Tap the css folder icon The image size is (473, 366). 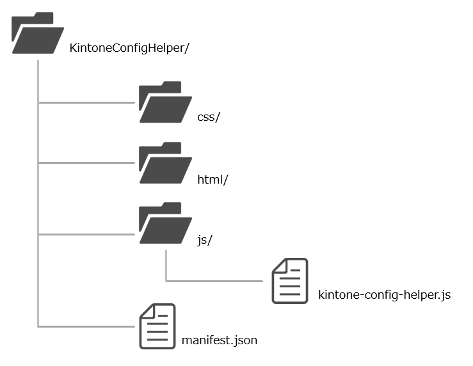coord(164,102)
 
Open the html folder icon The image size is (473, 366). coord(164,164)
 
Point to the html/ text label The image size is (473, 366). coord(213,179)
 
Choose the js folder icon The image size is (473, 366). coord(164,224)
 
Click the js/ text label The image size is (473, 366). coord(205,241)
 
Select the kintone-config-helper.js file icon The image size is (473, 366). coord(290,281)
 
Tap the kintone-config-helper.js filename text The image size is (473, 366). coord(384,295)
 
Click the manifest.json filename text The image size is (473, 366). coord(220,340)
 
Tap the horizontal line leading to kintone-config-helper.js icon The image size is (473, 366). coord(218,280)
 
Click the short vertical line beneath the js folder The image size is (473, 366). coord(166,264)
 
